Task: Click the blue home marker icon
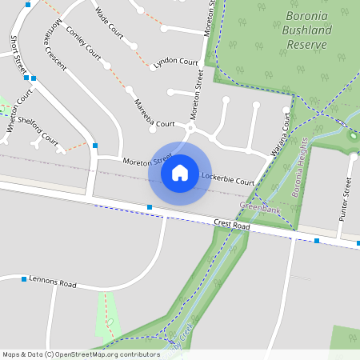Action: click(180, 173)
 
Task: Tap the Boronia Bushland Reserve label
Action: click(306, 30)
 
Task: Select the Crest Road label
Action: click(232, 226)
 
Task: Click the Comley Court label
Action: click(83, 45)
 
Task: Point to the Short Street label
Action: click(14, 51)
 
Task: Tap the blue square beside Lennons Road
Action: click(23, 278)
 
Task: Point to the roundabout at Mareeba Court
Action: click(191, 127)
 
